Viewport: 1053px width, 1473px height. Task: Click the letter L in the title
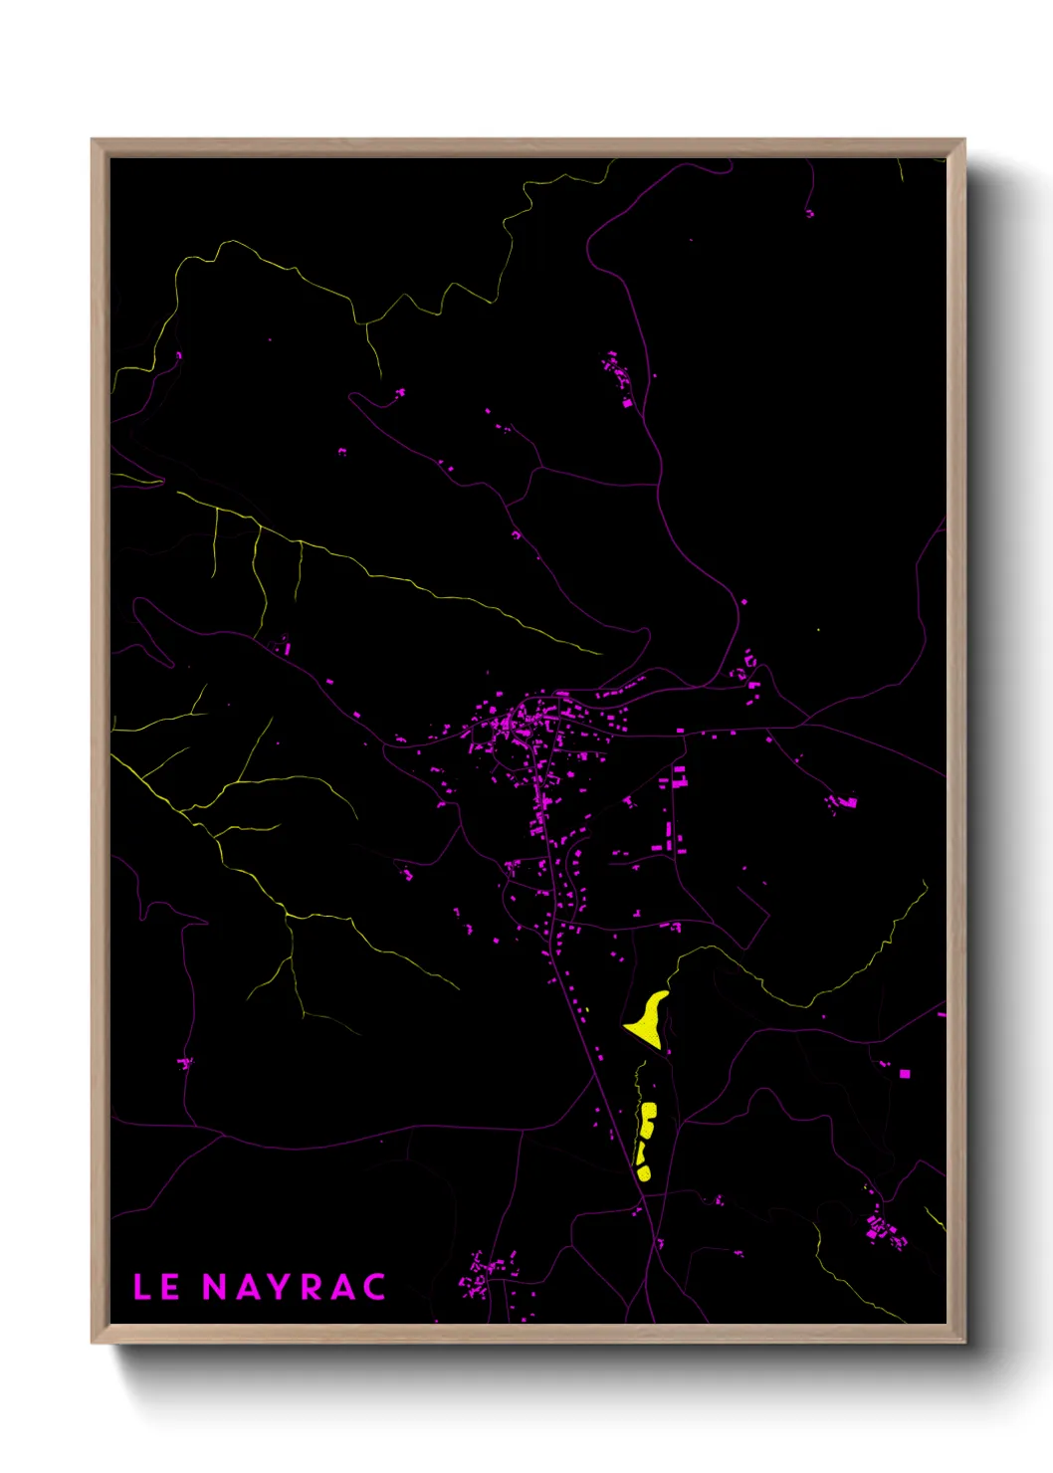click(141, 1287)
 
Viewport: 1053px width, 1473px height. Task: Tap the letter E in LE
click(170, 1287)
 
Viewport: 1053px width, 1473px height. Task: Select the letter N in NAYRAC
click(215, 1287)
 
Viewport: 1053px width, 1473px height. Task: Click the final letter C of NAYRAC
click(374, 1287)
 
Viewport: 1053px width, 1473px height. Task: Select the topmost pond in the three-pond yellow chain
click(649, 1113)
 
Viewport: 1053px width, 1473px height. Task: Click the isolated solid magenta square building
click(904, 1074)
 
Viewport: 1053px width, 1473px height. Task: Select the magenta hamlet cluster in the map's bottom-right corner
click(882, 1229)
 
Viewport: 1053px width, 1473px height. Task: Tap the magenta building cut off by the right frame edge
click(942, 1013)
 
